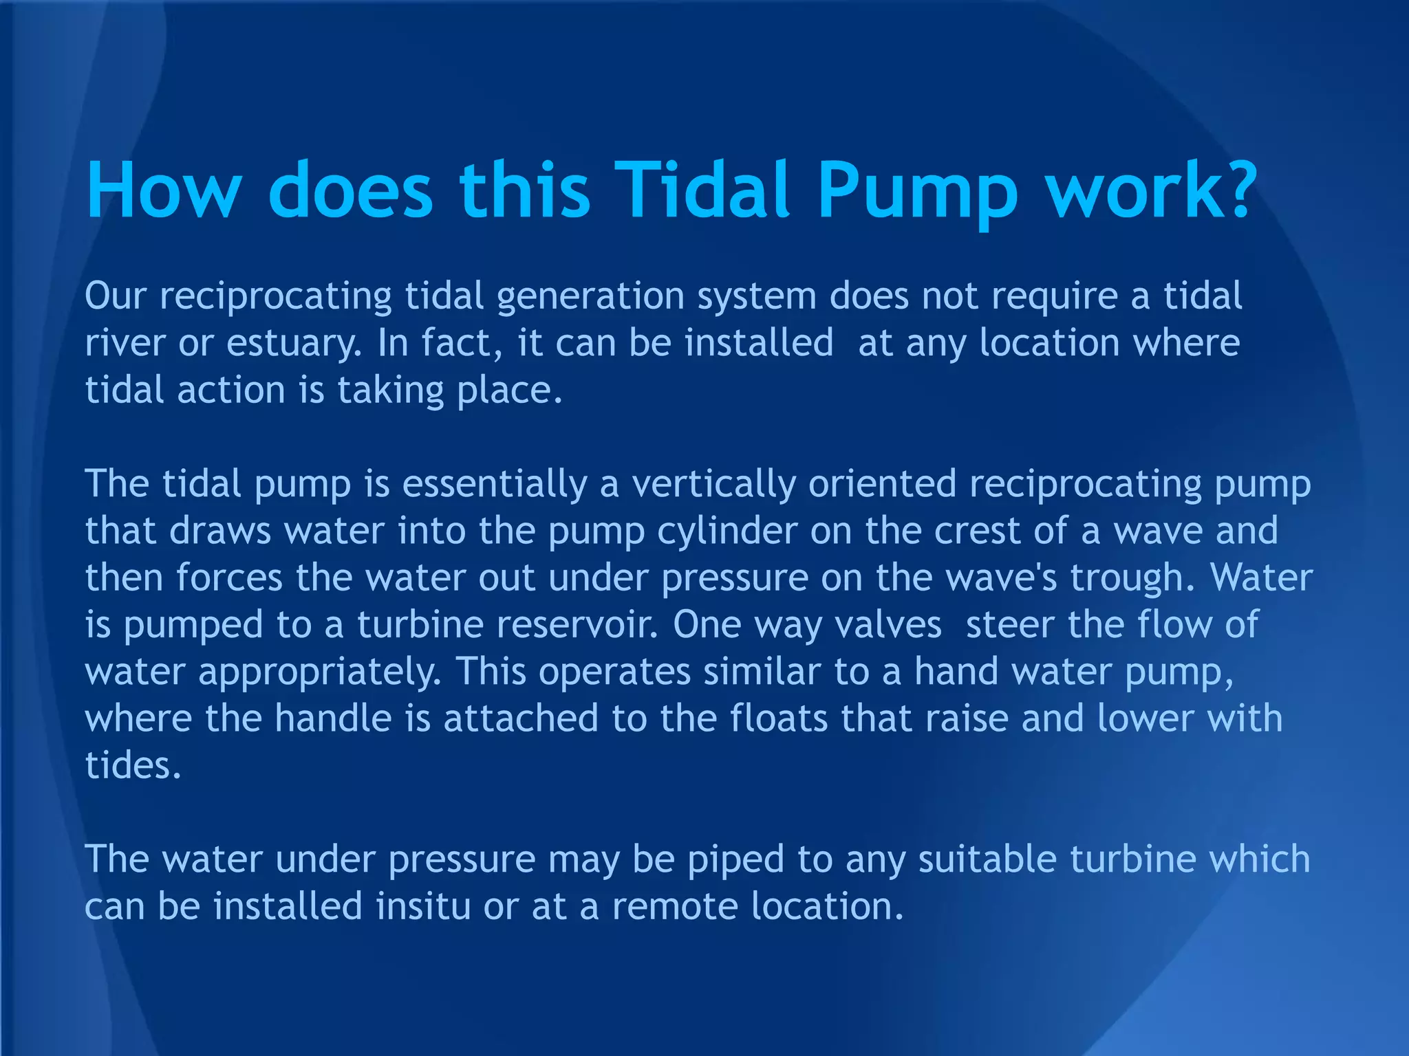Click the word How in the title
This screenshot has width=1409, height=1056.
coord(164,190)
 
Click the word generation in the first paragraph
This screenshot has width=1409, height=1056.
coord(590,297)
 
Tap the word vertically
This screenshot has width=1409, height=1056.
coord(713,485)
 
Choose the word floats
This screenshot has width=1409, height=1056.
coord(778,718)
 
